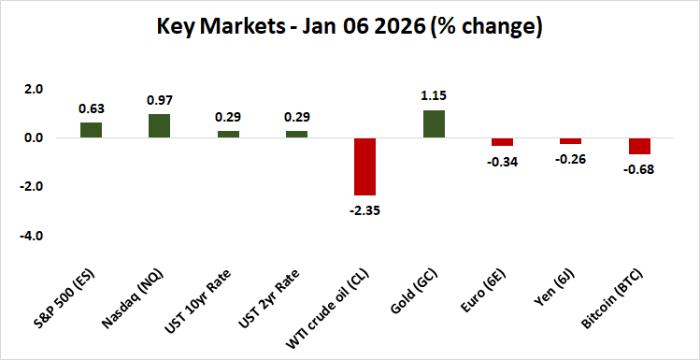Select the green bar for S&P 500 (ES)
pyautogui.click(x=91, y=130)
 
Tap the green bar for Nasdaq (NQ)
pyautogui.click(x=160, y=126)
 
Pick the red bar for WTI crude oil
pyautogui.click(x=364, y=166)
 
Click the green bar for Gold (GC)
pyautogui.click(x=434, y=124)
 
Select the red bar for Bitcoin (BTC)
pyautogui.click(x=639, y=146)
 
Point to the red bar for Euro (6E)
pyautogui.click(x=502, y=142)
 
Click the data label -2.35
pyautogui.click(x=364, y=209)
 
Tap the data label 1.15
pyautogui.click(x=434, y=95)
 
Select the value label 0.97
pyautogui.click(x=160, y=99)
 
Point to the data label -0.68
pyautogui.click(x=639, y=168)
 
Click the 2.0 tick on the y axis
pyautogui.click(x=34, y=90)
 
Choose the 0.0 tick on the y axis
pyautogui.click(x=34, y=138)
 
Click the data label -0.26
pyautogui.click(x=570, y=160)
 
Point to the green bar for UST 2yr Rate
pyautogui.click(x=296, y=135)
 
